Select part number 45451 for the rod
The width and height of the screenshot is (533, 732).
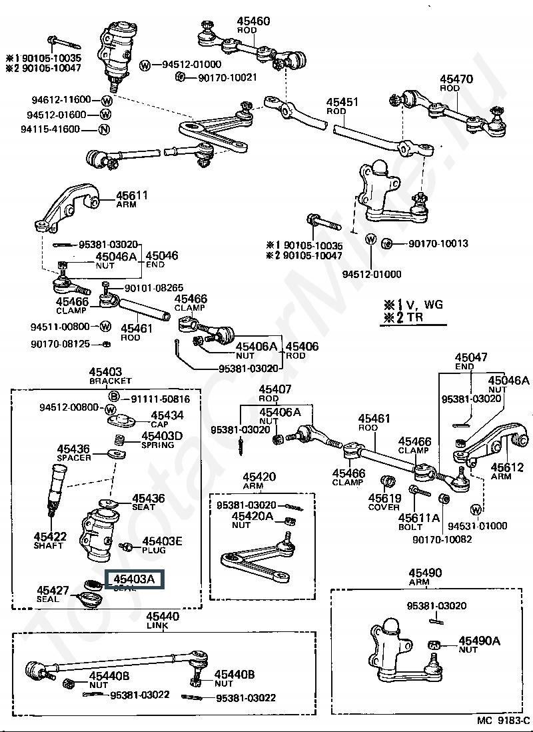point(342,103)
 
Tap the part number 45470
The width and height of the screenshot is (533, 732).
point(456,79)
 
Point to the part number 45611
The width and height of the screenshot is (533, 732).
point(132,195)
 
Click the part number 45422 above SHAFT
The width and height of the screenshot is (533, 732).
point(51,535)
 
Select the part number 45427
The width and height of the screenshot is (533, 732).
point(53,589)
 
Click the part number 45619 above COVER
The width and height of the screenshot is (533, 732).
point(384,497)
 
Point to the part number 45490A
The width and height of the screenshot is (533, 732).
point(479,641)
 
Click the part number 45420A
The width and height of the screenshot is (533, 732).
point(252,516)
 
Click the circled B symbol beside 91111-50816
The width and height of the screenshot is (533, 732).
point(113,398)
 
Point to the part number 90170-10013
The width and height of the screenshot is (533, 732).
point(438,243)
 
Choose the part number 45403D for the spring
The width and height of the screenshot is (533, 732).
point(161,436)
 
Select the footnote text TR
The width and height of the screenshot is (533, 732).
point(416,318)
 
